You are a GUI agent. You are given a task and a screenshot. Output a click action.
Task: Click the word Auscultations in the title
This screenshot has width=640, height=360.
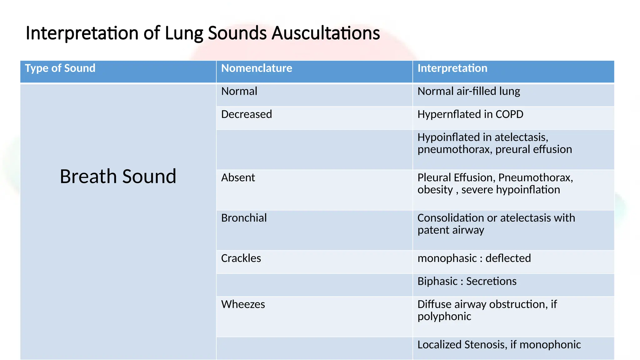(x=326, y=33)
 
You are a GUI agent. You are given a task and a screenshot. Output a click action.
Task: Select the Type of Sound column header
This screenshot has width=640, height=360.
(x=60, y=68)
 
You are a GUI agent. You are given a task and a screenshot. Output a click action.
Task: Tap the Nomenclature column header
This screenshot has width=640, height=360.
(x=257, y=68)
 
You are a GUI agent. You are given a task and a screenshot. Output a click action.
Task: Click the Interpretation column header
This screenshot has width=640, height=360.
(x=452, y=68)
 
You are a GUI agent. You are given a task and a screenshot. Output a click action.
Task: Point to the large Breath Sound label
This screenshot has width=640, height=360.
(x=118, y=176)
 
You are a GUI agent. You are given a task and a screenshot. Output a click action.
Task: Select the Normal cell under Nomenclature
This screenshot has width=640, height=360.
(x=239, y=91)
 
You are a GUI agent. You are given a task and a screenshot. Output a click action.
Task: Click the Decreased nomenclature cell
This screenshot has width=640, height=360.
(x=246, y=114)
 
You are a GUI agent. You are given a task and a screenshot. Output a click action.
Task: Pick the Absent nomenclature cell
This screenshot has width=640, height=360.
(x=238, y=177)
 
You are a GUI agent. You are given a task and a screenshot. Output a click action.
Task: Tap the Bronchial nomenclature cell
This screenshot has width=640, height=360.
(x=244, y=218)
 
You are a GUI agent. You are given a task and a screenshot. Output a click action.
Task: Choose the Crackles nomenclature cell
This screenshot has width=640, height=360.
(x=241, y=258)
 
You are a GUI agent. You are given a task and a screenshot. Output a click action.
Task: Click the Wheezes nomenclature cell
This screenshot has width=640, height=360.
(x=243, y=304)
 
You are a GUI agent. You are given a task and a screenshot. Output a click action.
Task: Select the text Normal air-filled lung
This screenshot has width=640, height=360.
(x=468, y=91)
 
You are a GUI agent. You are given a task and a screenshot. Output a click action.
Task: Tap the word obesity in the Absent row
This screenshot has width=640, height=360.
(x=435, y=190)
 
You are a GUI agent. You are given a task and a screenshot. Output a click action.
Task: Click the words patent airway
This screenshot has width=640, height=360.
(x=451, y=230)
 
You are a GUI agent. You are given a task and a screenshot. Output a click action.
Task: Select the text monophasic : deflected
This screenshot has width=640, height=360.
(x=474, y=258)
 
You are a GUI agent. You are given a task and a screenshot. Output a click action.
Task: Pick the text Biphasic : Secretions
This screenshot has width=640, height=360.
(x=467, y=281)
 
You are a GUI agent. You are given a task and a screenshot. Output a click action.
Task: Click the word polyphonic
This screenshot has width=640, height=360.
(x=444, y=317)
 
